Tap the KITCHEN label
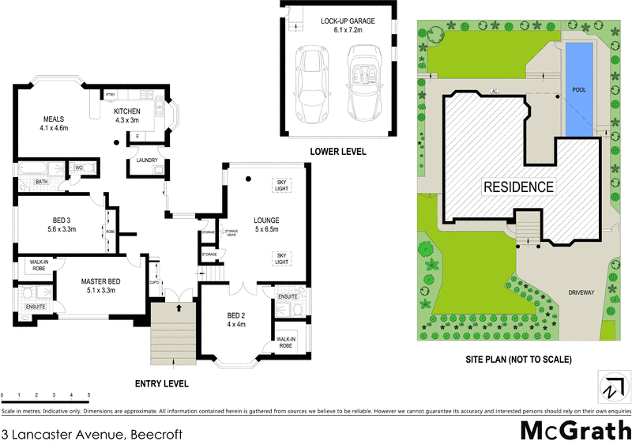click(x=127, y=111)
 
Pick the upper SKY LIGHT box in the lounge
click(x=280, y=184)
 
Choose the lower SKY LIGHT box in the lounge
click(x=280, y=258)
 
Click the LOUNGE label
click(x=267, y=220)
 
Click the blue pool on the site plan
click(x=578, y=87)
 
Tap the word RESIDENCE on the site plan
click(x=517, y=187)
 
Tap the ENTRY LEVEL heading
click(x=162, y=383)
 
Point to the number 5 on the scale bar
click(x=88, y=394)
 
